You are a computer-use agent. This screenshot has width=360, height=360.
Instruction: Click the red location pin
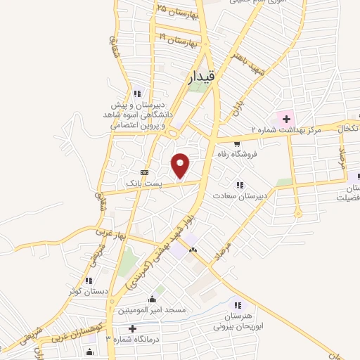pyautogui.click(x=181, y=165)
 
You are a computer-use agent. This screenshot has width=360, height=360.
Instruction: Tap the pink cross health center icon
pyautogui.click(x=286, y=117)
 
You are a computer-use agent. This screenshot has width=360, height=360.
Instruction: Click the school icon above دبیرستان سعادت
pyautogui.click(x=240, y=185)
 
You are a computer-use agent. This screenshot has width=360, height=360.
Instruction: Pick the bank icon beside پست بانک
pyautogui.click(x=145, y=172)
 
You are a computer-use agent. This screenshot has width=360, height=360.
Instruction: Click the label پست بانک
pyautogui.click(x=144, y=183)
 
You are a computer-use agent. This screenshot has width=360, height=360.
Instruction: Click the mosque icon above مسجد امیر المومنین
pyautogui.click(x=152, y=299)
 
